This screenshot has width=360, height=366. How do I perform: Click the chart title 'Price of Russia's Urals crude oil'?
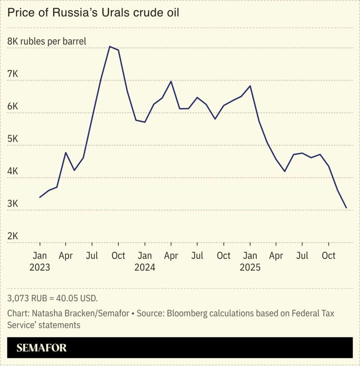click(x=93, y=13)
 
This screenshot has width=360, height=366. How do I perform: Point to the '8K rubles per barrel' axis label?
click(x=47, y=41)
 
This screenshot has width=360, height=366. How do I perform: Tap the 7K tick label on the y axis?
click(x=13, y=74)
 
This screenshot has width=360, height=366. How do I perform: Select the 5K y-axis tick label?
click(x=13, y=139)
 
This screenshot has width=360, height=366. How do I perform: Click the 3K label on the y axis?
click(x=13, y=203)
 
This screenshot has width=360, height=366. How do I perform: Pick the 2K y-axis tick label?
click(x=13, y=236)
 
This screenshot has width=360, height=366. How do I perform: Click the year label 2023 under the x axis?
click(x=40, y=267)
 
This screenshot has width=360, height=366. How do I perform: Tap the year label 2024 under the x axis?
click(x=144, y=267)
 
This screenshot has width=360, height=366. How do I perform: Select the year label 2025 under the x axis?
click(x=250, y=267)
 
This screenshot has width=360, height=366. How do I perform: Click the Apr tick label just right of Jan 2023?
click(x=66, y=256)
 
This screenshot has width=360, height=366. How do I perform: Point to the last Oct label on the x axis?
click(x=329, y=256)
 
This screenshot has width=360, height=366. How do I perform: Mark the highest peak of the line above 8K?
click(x=109, y=47)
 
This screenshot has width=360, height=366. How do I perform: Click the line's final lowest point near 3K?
click(x=346, y=208)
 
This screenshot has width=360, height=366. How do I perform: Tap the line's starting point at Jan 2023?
click(x=40, y=197)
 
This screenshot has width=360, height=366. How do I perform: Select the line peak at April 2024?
click(x=171, y=81)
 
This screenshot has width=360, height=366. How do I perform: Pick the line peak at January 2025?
click(x=250, y=86)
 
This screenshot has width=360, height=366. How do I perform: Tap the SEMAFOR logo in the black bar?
click(x=41, y=348)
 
